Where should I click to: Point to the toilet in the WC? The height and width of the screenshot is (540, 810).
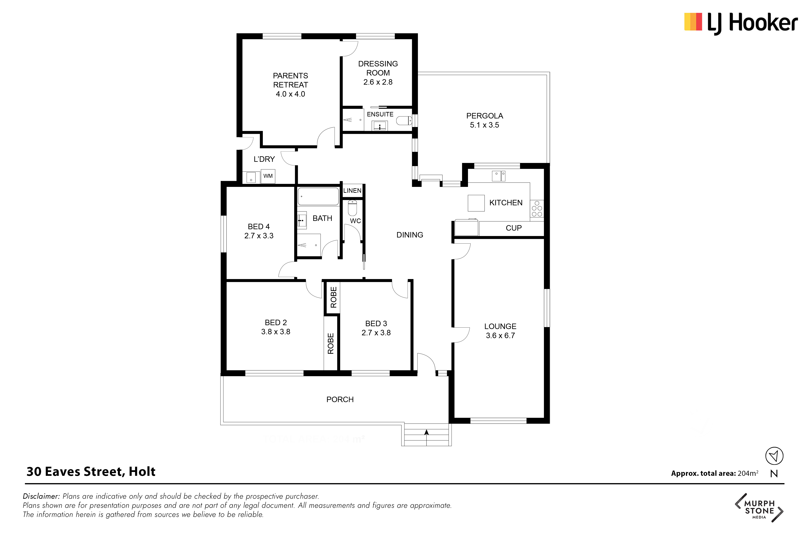tap(352, 208)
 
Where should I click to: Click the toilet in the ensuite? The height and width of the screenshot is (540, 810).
tap(404, 120)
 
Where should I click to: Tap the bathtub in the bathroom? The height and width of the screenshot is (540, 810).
tap(318, 196)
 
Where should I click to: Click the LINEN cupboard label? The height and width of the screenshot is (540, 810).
tap(352, 191)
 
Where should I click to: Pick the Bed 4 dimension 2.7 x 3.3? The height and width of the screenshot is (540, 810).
tap(259, 236)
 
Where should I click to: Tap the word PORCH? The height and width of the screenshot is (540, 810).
tap(340, 399)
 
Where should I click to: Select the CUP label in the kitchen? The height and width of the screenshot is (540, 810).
tap(514, 228)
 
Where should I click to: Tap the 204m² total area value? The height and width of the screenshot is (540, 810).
tap(748, 473)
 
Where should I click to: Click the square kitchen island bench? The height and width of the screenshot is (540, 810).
tap(476, 203)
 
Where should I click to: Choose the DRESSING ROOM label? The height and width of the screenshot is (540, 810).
tap(378, 68)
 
